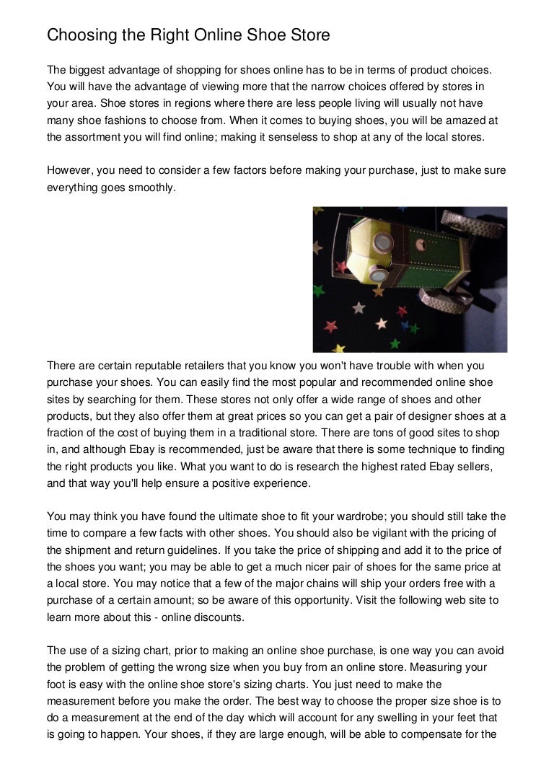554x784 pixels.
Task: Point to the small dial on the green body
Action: pyautogui.click(x=421, y=245)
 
